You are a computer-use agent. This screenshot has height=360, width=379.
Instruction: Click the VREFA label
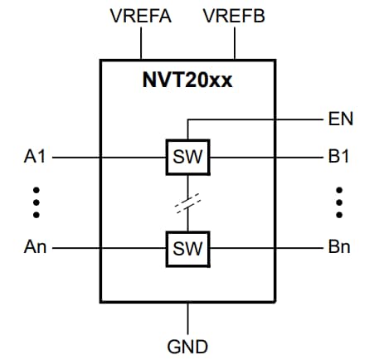tap(140, 16)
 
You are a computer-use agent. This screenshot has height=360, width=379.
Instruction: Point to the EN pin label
tap(340, 119)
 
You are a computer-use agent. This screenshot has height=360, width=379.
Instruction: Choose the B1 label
tap(339, 156)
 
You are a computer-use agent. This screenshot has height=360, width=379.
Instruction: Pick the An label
tap(36, 247)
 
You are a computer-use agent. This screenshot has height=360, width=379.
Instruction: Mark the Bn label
tap(339, 247)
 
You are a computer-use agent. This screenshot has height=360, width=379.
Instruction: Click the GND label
tap(187, 346)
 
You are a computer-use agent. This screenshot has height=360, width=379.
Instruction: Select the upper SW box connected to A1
tap(187, 156)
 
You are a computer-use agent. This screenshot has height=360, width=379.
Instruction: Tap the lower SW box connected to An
tap(187, 247)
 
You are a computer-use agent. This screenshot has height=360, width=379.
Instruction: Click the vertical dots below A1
tap(36, 202)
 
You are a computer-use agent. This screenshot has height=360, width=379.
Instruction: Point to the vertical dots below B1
tap(339, 202)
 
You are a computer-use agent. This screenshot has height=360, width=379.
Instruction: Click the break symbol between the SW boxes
tap(188, 202)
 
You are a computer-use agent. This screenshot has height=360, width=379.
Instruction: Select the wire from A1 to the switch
tap(108, 156)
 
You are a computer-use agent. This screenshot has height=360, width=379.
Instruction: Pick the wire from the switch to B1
tap(265, 156)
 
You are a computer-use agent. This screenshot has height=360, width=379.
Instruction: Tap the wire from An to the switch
tap(108, 247)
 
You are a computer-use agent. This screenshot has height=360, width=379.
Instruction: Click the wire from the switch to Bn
tap(265, 247)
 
